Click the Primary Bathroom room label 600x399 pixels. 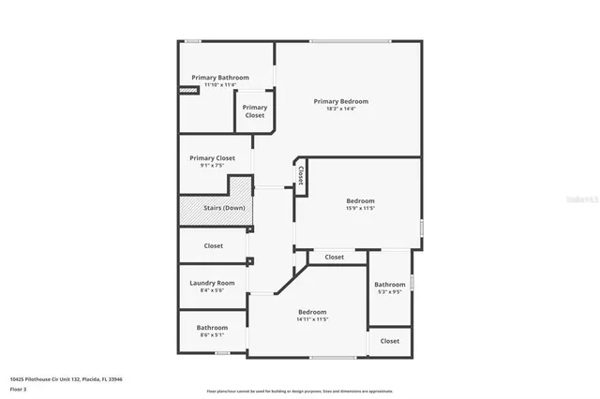(x=220, y=77)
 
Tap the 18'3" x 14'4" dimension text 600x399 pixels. (x=341, y=109)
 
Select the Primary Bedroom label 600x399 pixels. (x=341, y=101)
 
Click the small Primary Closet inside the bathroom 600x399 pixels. (x=255, y=111)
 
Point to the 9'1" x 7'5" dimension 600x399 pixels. (x=212, y=166)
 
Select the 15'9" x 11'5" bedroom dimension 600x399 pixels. (x=360, y=209)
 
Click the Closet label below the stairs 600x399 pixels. (x=214, y=246)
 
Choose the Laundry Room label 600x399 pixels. (x=212, y=283)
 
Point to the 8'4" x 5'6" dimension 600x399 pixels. (x=212, y=290)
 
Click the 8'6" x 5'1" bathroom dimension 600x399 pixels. (x=212, y=334)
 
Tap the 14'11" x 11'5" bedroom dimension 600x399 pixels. (x=312, y=319)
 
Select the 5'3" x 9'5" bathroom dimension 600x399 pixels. (x=389, y=291)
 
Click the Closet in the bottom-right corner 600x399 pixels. (x=390, y=342)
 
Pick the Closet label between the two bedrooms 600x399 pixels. (x=334, y=257)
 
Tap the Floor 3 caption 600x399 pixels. (x=19, y=388)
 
